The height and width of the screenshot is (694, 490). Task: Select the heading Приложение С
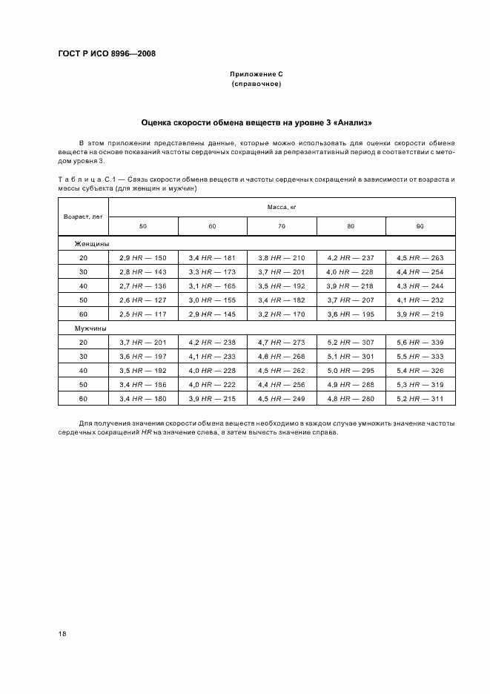[256, 75]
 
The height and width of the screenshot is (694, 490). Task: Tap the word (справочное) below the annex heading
[256, 84]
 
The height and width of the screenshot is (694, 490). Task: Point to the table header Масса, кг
[282, 208]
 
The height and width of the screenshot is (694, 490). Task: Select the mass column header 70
[282, 225]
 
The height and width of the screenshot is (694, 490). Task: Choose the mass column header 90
[420, 225]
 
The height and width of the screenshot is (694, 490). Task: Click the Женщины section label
[91, 243]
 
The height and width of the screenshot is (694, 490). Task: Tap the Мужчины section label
[90, 327]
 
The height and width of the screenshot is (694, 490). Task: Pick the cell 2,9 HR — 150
[143, 257]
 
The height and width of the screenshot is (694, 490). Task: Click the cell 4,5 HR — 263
[420, 257]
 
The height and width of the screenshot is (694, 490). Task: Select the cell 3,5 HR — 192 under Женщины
[282, 285]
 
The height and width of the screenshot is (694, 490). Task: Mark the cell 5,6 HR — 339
[420, 342]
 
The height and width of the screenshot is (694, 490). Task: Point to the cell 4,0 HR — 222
[212, 384]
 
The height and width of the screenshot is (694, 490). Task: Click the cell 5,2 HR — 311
[420, 398]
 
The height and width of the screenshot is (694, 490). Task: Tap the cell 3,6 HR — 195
[351, 314]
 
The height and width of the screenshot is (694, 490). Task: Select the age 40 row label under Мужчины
[83, 370]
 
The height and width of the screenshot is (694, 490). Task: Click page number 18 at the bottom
[62, 634]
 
